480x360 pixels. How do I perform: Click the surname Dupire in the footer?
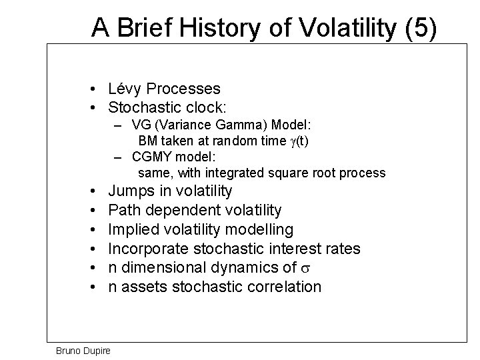coord(99,350)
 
